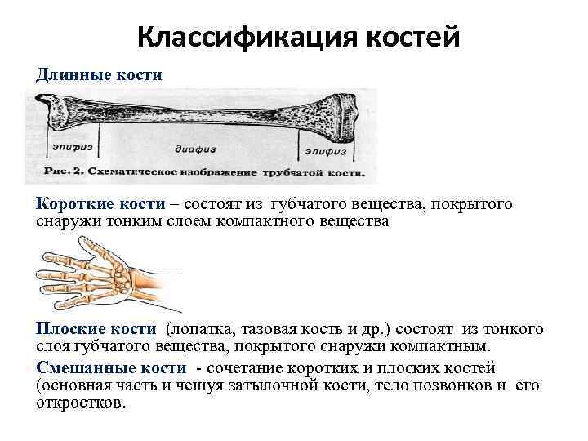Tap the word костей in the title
403,36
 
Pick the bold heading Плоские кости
96,328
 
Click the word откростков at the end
80,403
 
